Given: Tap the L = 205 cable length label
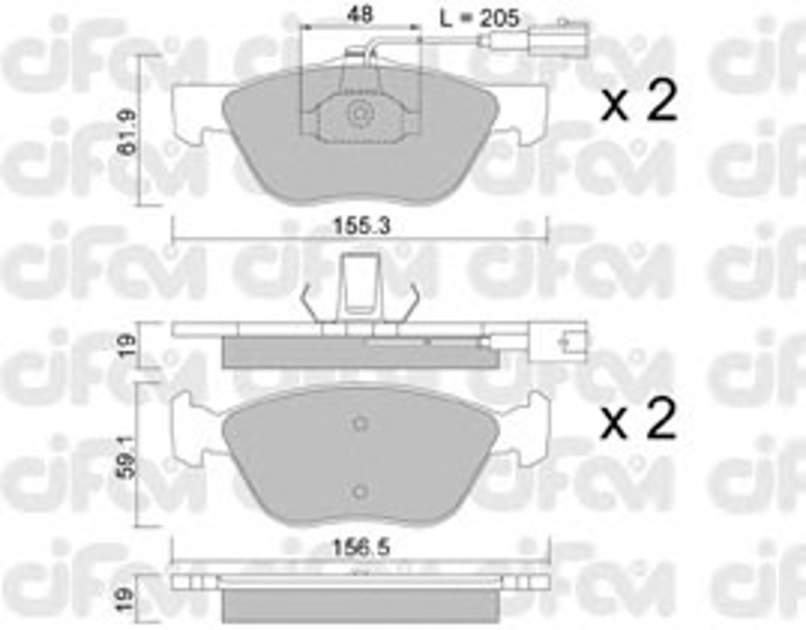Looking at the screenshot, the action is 479,19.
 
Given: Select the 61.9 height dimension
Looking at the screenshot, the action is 127,131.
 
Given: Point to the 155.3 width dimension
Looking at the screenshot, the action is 362,226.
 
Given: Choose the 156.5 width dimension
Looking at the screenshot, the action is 361,547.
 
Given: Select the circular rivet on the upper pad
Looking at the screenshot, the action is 358,113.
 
